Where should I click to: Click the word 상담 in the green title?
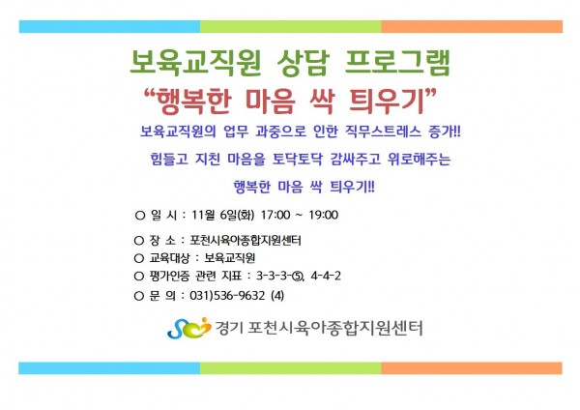(x=303, y=63)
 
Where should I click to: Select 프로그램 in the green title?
(x=397, y=63)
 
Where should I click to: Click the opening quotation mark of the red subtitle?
(x=150, y=93)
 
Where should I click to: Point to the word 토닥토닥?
(x=298, y=160)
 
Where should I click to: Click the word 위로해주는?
(x=419, y=160)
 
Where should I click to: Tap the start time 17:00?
(x=275, y=215)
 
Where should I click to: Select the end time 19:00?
(x=323, y=215)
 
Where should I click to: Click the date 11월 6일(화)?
(x=222, y=215)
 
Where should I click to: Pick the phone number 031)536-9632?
(x=227, y=295)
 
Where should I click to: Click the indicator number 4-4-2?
(x=326, y=276)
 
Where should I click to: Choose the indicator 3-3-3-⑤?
(x=280, y=276)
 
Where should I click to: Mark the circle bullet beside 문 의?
(x=138, y=296)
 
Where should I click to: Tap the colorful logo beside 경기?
(x=189, y=328)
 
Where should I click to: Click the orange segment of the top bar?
(x=472, y=27)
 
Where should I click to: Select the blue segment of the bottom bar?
(x=109, y=368)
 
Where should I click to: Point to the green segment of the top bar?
(x=291, y=27)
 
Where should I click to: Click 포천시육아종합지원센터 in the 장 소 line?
(x=246, y=241)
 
